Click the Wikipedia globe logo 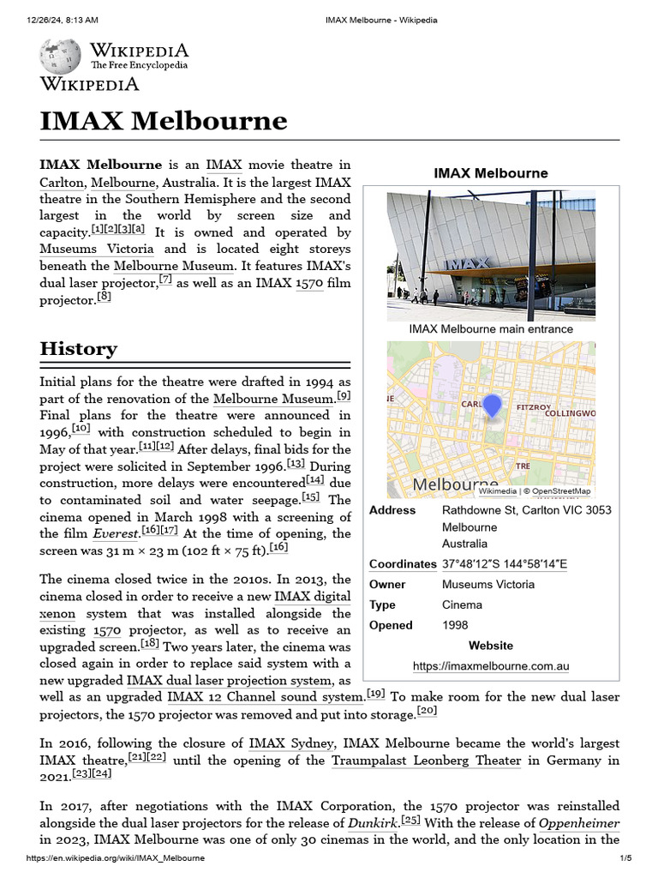[60, 55]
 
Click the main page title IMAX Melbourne [163, 120]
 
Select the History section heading [78, 349]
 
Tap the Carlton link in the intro [61, 182]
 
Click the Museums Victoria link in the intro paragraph [96, 249]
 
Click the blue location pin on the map [492, 406]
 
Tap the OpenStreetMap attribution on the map [561, 491]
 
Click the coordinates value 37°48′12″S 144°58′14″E [504, 564]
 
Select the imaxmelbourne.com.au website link [490, 666]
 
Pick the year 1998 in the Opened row [455, 625]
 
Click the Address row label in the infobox [392, 510]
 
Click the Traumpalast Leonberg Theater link [426, 761]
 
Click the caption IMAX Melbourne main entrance [490, 329]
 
